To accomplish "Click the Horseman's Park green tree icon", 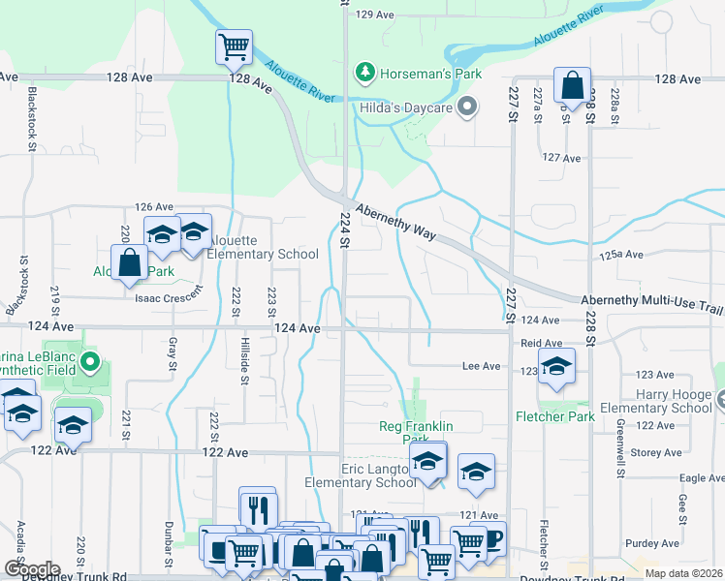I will pos(364,71).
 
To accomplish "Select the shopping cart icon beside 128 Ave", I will pos(234,46).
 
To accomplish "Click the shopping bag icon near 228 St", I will pos(573,84).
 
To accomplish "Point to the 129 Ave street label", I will pos(375,15).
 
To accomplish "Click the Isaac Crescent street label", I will pos(170,298).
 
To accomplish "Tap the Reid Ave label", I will pos(541,343).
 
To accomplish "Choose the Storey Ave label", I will pos(656,452).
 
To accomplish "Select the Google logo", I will pos(32,568).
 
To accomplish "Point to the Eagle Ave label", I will pos(702,477).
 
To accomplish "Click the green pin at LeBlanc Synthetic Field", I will pos(90,364).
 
